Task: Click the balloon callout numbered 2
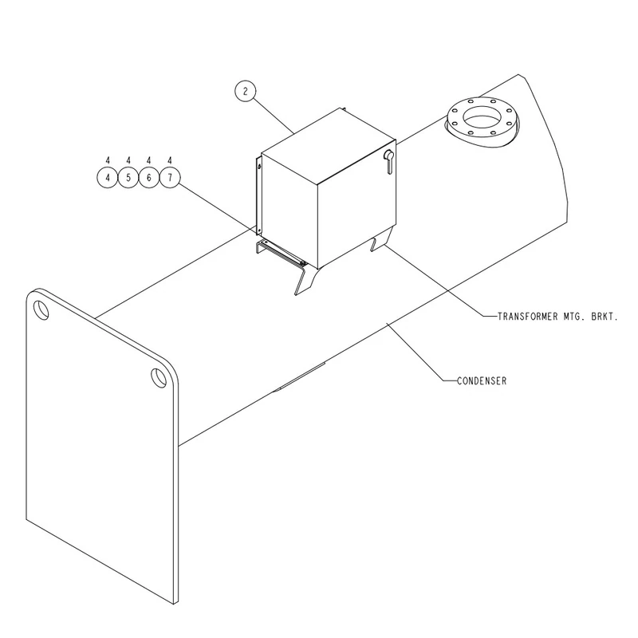click(246, 91)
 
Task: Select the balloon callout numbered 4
click(108, 178)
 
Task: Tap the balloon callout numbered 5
click(128, 178)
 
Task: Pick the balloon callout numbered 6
click(149, 178)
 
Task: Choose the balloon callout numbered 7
click(170, 177)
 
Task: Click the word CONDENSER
click(482, 381)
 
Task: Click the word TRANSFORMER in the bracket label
click(528, 316)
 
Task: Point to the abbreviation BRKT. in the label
click(605, 316)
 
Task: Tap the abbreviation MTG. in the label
click(574, 316)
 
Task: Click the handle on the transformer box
click(388, 161)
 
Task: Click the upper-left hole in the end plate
click(41, 310)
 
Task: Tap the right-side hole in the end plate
click(159, 377)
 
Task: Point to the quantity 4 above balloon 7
click(170, 160)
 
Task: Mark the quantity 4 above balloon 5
click(128, 160)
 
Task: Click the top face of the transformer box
click(329, 144)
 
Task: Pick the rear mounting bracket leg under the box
click(382, 240)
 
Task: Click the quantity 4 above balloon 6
click(149, 160)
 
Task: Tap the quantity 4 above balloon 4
click(108, 160)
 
